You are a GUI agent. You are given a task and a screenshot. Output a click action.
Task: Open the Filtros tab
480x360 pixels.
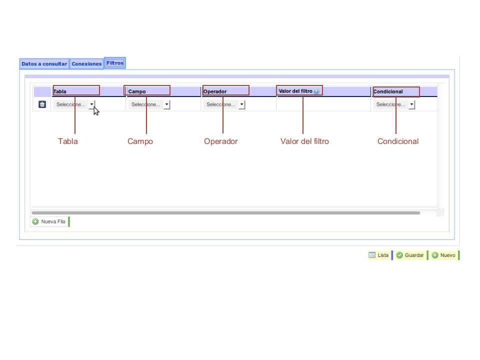115,63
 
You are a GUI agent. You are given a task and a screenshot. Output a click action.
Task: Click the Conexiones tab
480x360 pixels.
86,63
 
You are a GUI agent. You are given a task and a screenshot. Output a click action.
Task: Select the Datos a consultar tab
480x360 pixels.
44,63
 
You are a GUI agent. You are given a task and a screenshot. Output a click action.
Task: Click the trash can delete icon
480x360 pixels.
42,104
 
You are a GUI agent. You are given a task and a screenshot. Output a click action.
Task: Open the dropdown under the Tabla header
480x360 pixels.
74,104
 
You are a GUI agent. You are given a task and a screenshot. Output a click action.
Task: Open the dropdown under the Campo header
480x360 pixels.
149,104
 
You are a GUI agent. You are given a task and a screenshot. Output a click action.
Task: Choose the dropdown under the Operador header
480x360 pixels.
224,104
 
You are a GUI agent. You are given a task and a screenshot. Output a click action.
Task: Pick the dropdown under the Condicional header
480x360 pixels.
394,104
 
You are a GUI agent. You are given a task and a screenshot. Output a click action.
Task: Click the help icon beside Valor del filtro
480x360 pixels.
316,91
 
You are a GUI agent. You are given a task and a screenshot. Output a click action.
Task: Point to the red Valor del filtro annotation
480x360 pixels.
304,141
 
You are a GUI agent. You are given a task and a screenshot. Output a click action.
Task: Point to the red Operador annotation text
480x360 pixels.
220,141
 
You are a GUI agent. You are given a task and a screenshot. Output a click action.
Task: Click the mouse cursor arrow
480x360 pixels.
96,111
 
